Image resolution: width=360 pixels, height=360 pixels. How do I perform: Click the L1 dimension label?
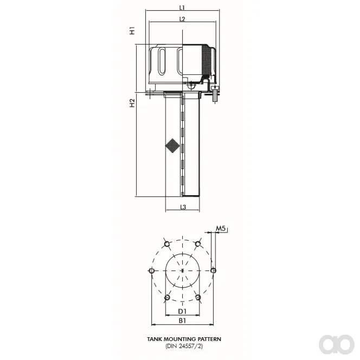(x=182, y=8)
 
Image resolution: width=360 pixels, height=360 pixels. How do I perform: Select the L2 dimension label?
(x=182, y=19)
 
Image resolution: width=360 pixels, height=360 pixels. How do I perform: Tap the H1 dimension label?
(x=132, y=30)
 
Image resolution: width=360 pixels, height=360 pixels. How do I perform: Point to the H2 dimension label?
(x=132, y=103)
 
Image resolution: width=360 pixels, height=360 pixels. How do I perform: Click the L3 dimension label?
(x=183, y=207)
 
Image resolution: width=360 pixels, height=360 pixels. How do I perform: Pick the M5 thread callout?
(x=221, y=228)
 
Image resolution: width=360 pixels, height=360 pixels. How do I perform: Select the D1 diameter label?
(x=182, y=311)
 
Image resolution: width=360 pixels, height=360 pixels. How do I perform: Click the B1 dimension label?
(x=182, y=321)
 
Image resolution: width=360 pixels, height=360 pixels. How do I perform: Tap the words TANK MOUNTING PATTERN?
(x=184, y=339)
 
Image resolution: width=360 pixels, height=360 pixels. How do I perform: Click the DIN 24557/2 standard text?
(x=184, y=346)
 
